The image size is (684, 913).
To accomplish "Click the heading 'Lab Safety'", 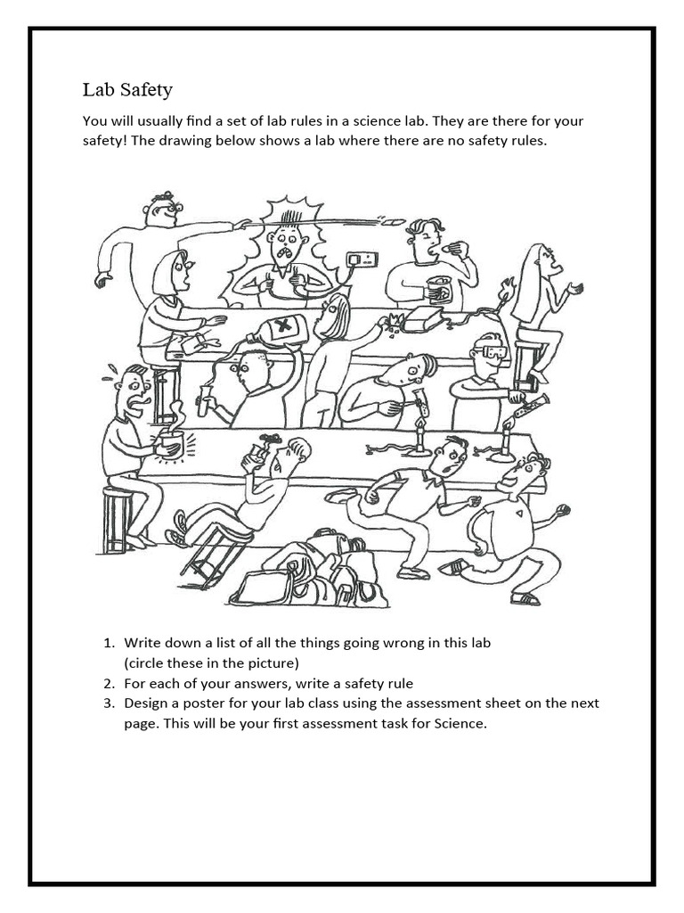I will click(x=127, y=90).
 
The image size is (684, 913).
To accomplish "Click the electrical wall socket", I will click(x=362, y=260).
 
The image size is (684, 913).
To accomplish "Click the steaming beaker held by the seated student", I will click(x=171, y=442).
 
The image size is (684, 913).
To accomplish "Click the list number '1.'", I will click(x=110, y=643).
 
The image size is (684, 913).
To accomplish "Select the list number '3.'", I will click(x=110, y=703).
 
